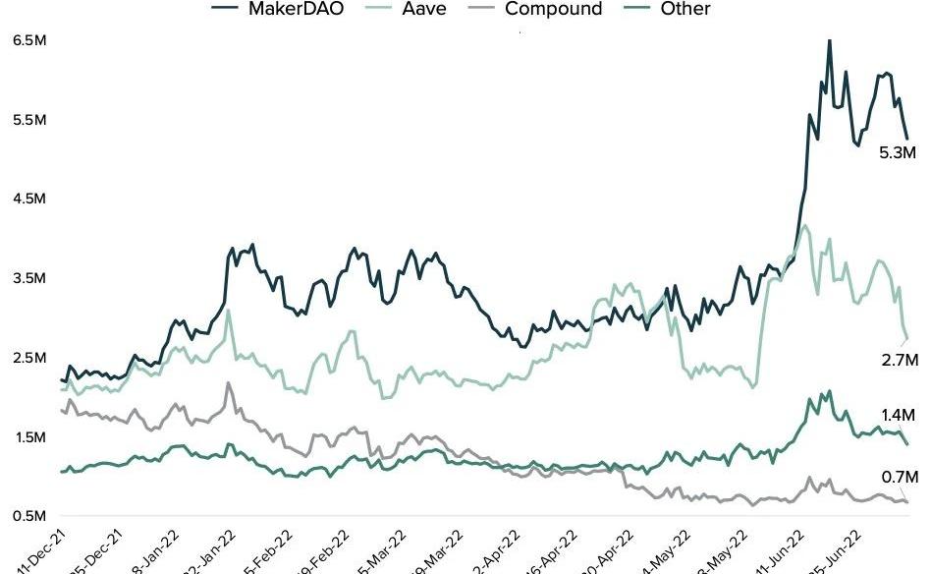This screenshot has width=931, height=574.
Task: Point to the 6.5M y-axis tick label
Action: pyautogui.click(x=28, y=41)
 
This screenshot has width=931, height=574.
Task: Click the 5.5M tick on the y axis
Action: pyautogui.click(x=28, y=120)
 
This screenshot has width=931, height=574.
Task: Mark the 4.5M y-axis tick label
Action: pyautogui.click(x=28, y=200)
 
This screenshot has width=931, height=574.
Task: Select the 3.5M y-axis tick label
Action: pyautogui.click(x=28, y=278)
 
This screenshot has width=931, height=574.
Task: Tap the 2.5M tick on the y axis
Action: pyautogui.click(x=28, y=358)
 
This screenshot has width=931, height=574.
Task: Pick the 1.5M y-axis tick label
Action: pyautogui.click(x=28, y=436)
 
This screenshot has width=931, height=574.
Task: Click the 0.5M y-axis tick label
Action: pyautogui.click(x=28, y=516)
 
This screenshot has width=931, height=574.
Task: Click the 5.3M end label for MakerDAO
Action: pyautogui.click(x=898, y=153)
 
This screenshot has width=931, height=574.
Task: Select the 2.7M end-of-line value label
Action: pyautogui.click(x=899, y=361)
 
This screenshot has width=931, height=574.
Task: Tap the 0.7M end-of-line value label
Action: pyautogui.click(x=899, y=477)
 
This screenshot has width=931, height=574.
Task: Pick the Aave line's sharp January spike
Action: pyautogui.click(x=229, y=311)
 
